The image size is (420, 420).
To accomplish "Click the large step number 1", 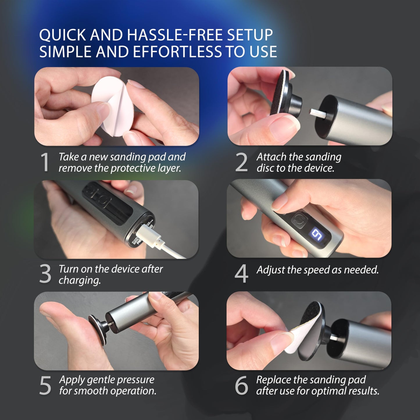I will [45, 162].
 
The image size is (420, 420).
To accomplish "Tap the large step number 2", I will [241, 162].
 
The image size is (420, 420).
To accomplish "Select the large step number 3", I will [45, 274].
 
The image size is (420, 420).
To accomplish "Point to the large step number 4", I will [242, 274].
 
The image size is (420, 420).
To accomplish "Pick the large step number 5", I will [45, 385].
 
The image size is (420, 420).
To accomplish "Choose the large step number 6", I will [242, 385].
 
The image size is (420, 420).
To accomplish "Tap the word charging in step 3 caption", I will [79, 280].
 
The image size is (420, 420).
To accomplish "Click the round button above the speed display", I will [298, 220].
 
